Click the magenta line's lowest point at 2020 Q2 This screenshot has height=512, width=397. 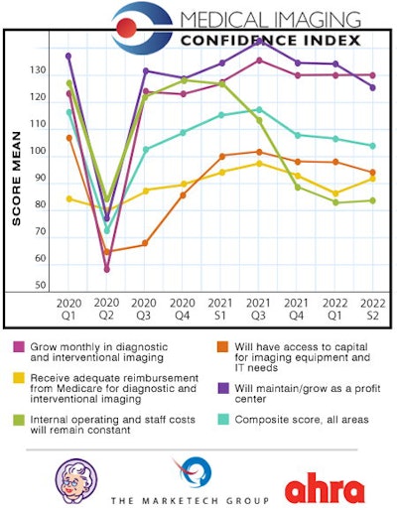[107, 269]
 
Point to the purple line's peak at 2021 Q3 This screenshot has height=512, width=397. [259, 41]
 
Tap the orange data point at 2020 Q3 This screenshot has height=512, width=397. [145, 243]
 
